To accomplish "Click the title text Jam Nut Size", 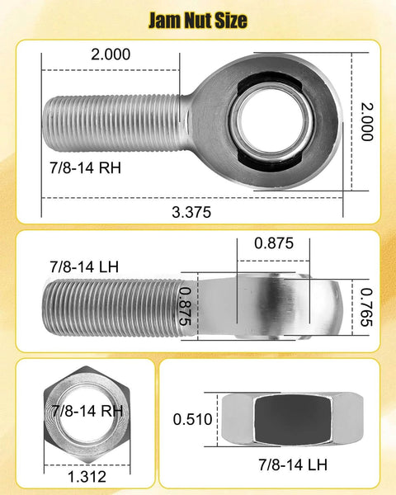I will (x=197, y=20).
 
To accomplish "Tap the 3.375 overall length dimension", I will (x=192, y=211).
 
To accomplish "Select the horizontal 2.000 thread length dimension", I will (x=110, y=54).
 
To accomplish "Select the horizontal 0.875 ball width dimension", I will (x=272, y=243).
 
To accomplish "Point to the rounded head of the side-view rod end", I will (x=272, y=305).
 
